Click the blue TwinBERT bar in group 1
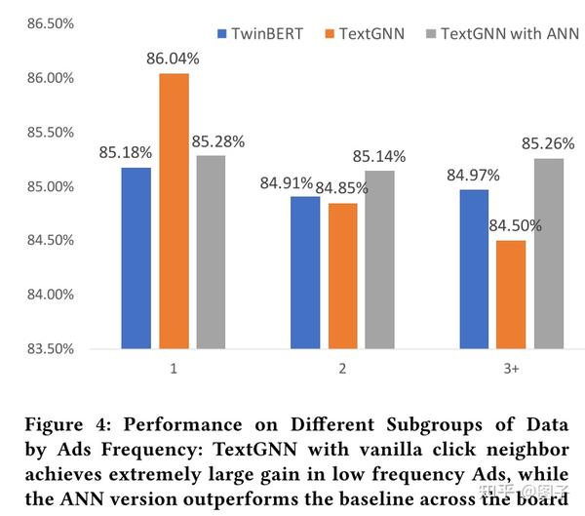136,258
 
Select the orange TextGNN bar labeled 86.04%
174,211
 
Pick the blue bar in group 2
305,272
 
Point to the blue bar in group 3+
474,269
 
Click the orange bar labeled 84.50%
511,294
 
